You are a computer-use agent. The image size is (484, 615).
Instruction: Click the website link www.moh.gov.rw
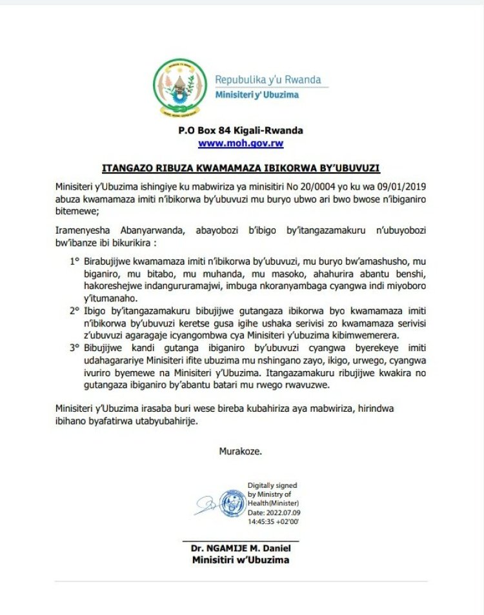(x=241, y=143)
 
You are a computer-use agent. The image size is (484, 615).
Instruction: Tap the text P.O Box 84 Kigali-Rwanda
(x=241, y=130)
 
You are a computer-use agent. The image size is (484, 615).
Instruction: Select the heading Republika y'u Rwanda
(x=267, y=79)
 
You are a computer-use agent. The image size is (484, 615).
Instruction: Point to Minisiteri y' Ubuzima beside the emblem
(x=257, y=96)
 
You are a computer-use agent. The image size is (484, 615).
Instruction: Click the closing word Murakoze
(x=241, y=451)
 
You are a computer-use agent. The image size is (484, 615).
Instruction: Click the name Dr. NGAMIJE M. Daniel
(x=241, y=549)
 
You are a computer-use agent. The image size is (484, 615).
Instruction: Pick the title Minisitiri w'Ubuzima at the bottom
(x=241, y=560)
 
